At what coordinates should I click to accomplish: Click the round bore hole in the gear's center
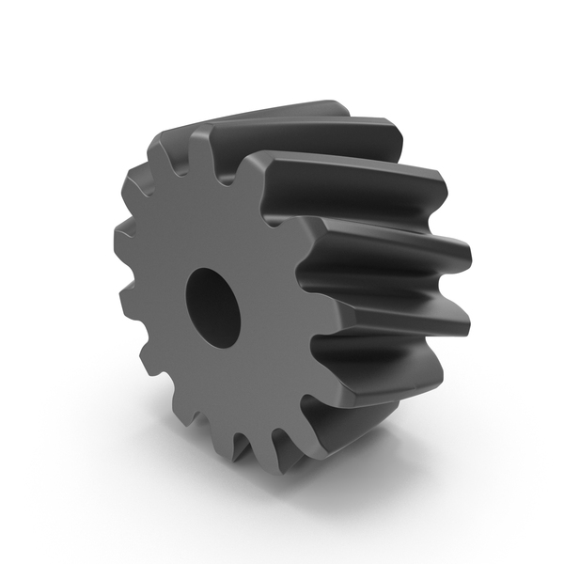[213, 307]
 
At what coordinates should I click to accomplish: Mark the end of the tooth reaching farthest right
[461, 254]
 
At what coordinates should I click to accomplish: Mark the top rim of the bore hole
[209, 274]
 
